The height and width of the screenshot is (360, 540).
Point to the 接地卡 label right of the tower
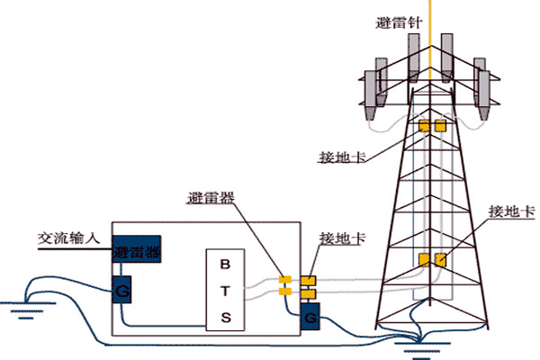coord(512,212)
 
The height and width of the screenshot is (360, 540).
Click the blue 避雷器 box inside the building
coord(137,251)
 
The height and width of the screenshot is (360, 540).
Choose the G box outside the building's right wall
coord(310,318)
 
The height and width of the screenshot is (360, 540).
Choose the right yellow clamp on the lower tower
coord(440,261)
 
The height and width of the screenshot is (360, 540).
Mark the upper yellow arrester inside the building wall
coord(284,279)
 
